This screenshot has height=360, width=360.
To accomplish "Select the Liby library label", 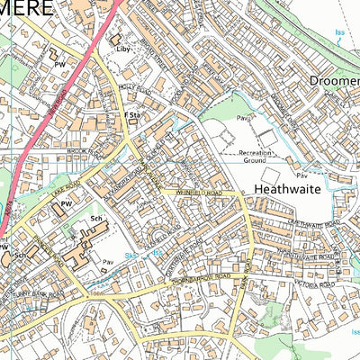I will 124,49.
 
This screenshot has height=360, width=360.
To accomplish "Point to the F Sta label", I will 131,116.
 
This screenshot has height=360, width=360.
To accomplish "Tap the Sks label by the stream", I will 131,256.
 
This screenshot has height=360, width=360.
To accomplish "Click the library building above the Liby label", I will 116,40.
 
